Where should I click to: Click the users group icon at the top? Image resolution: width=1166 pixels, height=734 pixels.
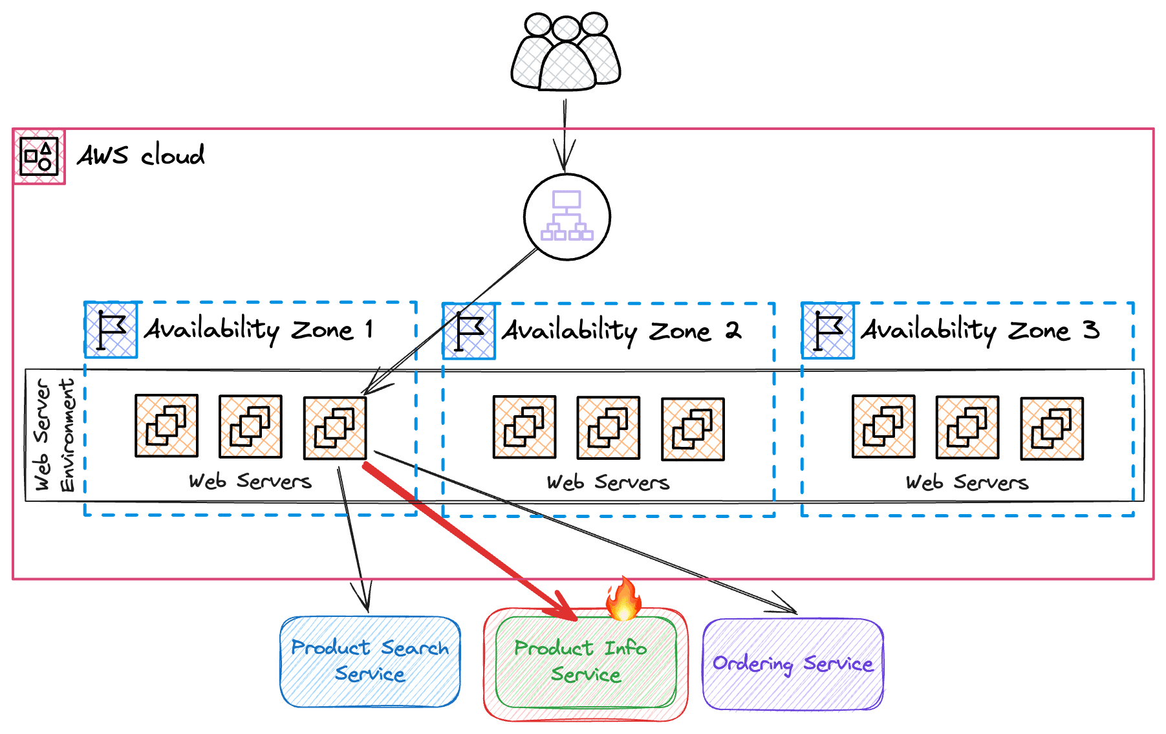tap(566, 52)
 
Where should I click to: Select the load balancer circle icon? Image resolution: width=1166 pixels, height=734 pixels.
tap(567, 217)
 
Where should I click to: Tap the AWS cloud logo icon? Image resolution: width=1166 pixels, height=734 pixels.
tap(39, 157)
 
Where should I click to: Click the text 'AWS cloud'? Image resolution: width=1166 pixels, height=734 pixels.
tap(141, 155)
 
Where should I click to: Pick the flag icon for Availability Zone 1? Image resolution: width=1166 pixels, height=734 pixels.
tap(111, 330)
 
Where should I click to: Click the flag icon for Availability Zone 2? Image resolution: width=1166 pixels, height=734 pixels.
tap(469, 331)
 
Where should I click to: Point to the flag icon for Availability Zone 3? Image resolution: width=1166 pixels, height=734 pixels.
tap(828, 330)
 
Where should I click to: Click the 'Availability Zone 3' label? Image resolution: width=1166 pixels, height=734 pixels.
tap(980, 330)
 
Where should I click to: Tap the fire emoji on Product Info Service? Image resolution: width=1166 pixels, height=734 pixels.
tap(623, 598)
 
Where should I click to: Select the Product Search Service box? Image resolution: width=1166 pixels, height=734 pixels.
tap(370, 662)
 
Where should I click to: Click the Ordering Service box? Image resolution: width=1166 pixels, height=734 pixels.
tap(793, 664)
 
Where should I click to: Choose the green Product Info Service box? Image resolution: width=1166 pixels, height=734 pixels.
tap(586, 662)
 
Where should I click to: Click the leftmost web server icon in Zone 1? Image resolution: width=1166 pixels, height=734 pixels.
tap(167, 426)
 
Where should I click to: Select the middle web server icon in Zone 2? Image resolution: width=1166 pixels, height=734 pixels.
tap(609, 428)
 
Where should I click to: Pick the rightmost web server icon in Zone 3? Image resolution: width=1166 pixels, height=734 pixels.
tap(1052, 429)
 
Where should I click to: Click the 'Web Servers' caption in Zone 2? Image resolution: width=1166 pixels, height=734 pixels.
tap(608, 482)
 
